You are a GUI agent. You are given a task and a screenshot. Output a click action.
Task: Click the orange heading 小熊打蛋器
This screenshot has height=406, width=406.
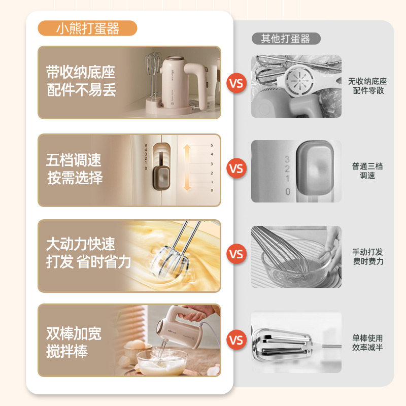pyautogui.click(x=87, y=28)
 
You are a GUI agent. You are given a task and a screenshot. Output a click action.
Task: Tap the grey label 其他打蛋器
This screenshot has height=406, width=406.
pyautogui.click(x=286, y=39)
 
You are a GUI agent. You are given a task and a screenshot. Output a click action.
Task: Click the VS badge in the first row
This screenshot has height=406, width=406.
pyautogui.click(x=236, y=83)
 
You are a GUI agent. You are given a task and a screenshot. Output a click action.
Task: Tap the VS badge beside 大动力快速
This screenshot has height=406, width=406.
pyautogui.click(x=236, y=253)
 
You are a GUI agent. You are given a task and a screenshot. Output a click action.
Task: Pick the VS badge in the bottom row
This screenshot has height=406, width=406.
pyautogui.click(x=236, y=339)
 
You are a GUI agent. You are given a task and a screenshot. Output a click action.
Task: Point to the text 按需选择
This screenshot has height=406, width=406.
pyautogui.click(x=75, y=178)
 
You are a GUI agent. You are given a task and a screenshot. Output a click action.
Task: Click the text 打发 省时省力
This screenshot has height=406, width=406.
pyautogui.click(x=89, y=262)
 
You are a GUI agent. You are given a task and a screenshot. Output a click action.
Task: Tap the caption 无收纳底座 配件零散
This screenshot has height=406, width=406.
pyautogui.click(x=367, y=86)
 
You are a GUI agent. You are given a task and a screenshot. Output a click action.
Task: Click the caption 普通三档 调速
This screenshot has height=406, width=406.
pyautogui.click(x=367, y=171)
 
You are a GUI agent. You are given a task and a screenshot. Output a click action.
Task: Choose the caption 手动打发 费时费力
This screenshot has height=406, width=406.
pyautogui.click(x=367, y=256)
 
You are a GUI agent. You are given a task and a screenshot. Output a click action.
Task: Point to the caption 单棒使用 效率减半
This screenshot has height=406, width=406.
pyautogui.click(x=367, y=342)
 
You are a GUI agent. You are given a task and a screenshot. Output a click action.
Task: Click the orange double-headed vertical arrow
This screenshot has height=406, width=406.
pyautogui.click(x=186, y=167)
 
